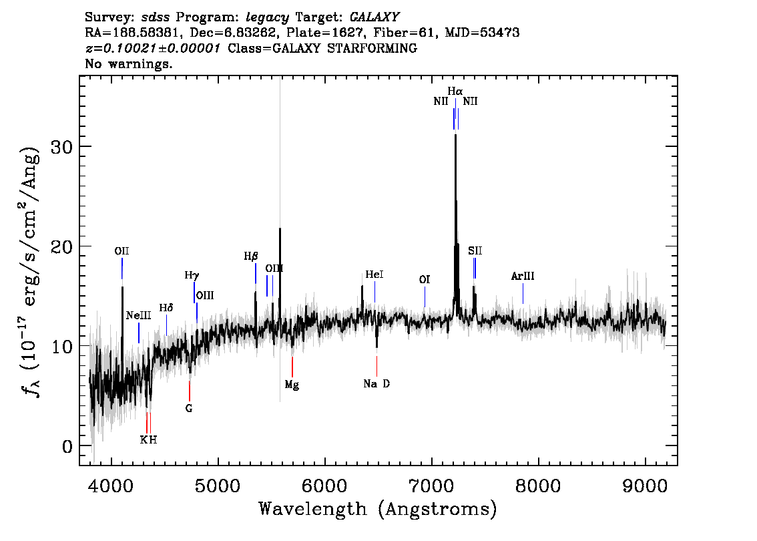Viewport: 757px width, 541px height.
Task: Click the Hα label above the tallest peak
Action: pos(455,92)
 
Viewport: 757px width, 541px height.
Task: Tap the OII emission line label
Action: pos(121,251)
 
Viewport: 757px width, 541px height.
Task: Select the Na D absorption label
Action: pos(376,384)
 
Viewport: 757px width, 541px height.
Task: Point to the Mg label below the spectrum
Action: pos(292,385)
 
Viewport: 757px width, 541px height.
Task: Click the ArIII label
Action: pos(523,277)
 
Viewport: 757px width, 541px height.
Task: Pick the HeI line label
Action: pos(374,275)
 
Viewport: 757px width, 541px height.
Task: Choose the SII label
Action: pos(475,250)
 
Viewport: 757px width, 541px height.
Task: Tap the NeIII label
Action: pos(139,315)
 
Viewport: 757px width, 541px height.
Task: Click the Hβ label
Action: pos(251,256)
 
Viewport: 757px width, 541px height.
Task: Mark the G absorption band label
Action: pos(189,409)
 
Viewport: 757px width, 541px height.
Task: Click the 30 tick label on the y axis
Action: pos(62,146)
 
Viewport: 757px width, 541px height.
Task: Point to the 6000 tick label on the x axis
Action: pos(325,486)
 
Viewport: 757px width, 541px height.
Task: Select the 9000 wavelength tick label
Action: pos(645,486)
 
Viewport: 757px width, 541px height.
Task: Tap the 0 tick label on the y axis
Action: pos(67,446)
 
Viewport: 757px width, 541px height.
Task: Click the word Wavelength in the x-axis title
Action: pos(313,509)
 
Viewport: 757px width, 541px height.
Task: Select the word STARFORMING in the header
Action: pos(372,48)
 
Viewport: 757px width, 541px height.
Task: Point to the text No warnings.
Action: pos(129,63)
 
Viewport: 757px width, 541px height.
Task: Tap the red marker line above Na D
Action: pos(376,366)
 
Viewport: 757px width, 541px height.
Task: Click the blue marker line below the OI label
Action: pos(425,297)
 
